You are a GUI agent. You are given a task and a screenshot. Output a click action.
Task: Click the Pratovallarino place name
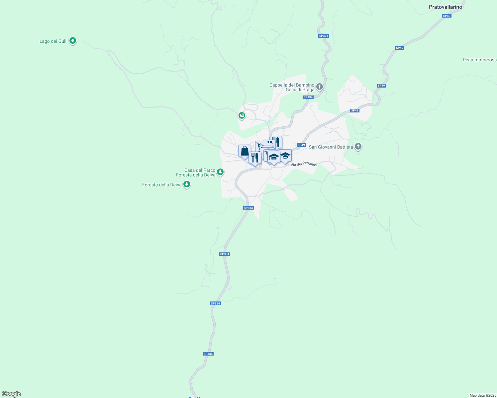point(445,7)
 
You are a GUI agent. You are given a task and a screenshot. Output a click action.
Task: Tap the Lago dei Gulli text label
point(53,41)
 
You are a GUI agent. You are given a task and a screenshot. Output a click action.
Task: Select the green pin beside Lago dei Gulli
point(73,41)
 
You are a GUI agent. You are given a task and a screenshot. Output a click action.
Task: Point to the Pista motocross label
point(479,60)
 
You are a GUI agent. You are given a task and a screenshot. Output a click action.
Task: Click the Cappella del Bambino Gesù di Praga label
point(292,87)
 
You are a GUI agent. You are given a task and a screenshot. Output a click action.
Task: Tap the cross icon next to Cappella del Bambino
point(320,87)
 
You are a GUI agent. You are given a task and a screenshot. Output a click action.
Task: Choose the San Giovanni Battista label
point(331,147)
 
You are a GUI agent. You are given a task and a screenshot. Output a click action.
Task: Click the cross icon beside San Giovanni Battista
point(358,146)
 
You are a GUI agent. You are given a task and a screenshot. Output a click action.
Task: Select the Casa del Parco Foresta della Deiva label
point(196,172)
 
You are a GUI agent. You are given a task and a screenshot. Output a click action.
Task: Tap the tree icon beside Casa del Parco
point(220,172)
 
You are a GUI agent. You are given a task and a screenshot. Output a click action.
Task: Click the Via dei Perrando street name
point(304,164)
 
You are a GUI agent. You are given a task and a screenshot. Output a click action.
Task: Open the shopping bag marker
point(245,151)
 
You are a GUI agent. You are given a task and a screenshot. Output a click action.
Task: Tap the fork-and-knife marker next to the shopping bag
point(254,158)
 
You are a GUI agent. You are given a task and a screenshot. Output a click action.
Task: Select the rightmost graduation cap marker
point(285,156)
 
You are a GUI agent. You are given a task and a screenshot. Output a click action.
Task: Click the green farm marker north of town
point(242,116)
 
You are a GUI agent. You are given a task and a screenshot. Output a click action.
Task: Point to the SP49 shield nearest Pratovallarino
point(447,16)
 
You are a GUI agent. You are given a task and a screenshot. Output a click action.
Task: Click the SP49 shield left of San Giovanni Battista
point(301,145)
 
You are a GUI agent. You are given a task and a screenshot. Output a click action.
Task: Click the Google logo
point(11,394)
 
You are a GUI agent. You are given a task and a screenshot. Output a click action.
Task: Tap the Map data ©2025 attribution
point(483,395)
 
